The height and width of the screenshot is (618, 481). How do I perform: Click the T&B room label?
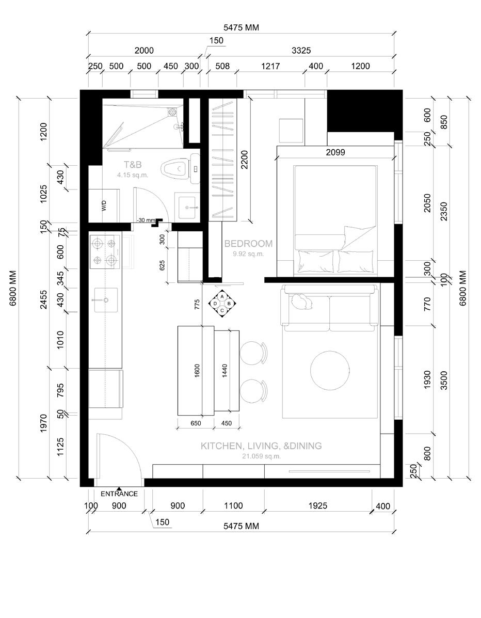click(133, 165)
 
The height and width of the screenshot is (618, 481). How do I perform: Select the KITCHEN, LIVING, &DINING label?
click(261, 446)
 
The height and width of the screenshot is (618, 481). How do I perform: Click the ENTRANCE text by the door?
click(119, 494)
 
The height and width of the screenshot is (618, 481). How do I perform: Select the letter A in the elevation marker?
click(222, 297)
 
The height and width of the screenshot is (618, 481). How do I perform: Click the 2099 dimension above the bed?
click(335, 152)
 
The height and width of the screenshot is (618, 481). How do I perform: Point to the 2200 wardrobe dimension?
click(244, 160)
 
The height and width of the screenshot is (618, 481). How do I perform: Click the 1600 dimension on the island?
click(197, 371)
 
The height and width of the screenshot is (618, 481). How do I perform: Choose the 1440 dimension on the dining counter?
click(225, 371)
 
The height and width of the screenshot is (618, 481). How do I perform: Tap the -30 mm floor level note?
click(146, 220)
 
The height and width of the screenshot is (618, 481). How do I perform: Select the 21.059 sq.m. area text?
click(261, 456)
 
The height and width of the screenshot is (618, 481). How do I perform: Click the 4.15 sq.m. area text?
click(133, 175)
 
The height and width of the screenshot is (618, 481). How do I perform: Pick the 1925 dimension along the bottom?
click(317, 506)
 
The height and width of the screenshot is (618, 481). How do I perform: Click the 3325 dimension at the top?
click(301, 51)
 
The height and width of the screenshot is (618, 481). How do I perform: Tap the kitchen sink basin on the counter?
click(105, 299)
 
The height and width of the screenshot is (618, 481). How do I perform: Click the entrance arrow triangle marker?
click(119, 488)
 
